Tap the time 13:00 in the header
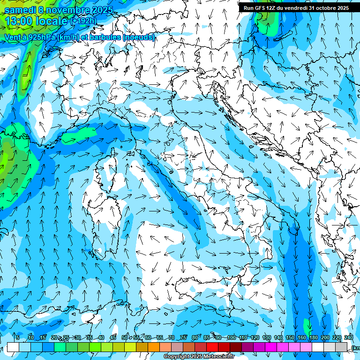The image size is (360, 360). pos(21,21)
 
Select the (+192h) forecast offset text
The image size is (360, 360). pos(83,21)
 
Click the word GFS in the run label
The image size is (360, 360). pos(261,8)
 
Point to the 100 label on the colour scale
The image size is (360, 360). pos(232,338)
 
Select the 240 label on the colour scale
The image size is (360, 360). pos(349,338)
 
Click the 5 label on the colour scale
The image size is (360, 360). pos(18,338)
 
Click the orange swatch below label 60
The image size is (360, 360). pos(154,347)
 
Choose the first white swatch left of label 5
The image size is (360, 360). pos(13,347)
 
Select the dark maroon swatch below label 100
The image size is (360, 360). pos(236,347)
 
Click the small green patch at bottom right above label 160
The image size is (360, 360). pos(307,325)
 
